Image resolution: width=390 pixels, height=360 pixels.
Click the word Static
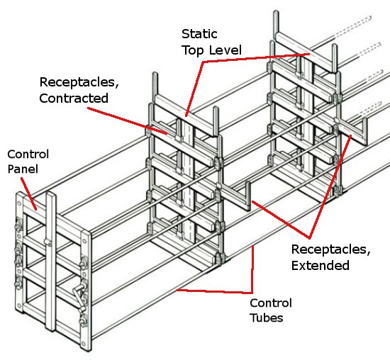[x=199, y=34]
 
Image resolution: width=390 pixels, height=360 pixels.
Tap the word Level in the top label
[x=225, y=50]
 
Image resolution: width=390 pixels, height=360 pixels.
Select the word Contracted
[x=74, y=99]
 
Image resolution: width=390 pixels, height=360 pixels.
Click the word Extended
[x=321, y=265]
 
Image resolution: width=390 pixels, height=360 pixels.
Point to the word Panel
[x=23, y=169]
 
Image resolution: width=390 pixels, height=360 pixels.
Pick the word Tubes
[x=267, y=317]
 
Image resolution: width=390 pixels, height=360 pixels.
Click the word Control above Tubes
[x=271, y=303]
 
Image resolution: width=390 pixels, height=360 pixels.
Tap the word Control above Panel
[x=28, y=154]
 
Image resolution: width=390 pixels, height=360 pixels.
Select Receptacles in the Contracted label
[x=79, y=82]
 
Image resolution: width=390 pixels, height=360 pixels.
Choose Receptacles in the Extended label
[x=331, y=249]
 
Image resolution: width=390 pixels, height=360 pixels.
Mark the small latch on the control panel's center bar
[x=48, y=242]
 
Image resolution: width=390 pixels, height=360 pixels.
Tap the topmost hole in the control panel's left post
[x=19, y=203]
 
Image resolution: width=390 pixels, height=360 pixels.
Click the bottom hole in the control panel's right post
[x=83, y=344]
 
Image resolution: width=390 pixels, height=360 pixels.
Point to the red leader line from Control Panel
[x=29, y=193]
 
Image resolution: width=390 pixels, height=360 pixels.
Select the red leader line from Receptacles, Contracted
[x=127, y=121]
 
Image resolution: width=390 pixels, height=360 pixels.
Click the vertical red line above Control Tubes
[x=252, y=269]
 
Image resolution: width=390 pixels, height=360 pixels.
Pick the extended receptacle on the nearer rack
[x=235, y=196]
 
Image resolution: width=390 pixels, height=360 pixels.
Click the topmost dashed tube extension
[x=352, y=26]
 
